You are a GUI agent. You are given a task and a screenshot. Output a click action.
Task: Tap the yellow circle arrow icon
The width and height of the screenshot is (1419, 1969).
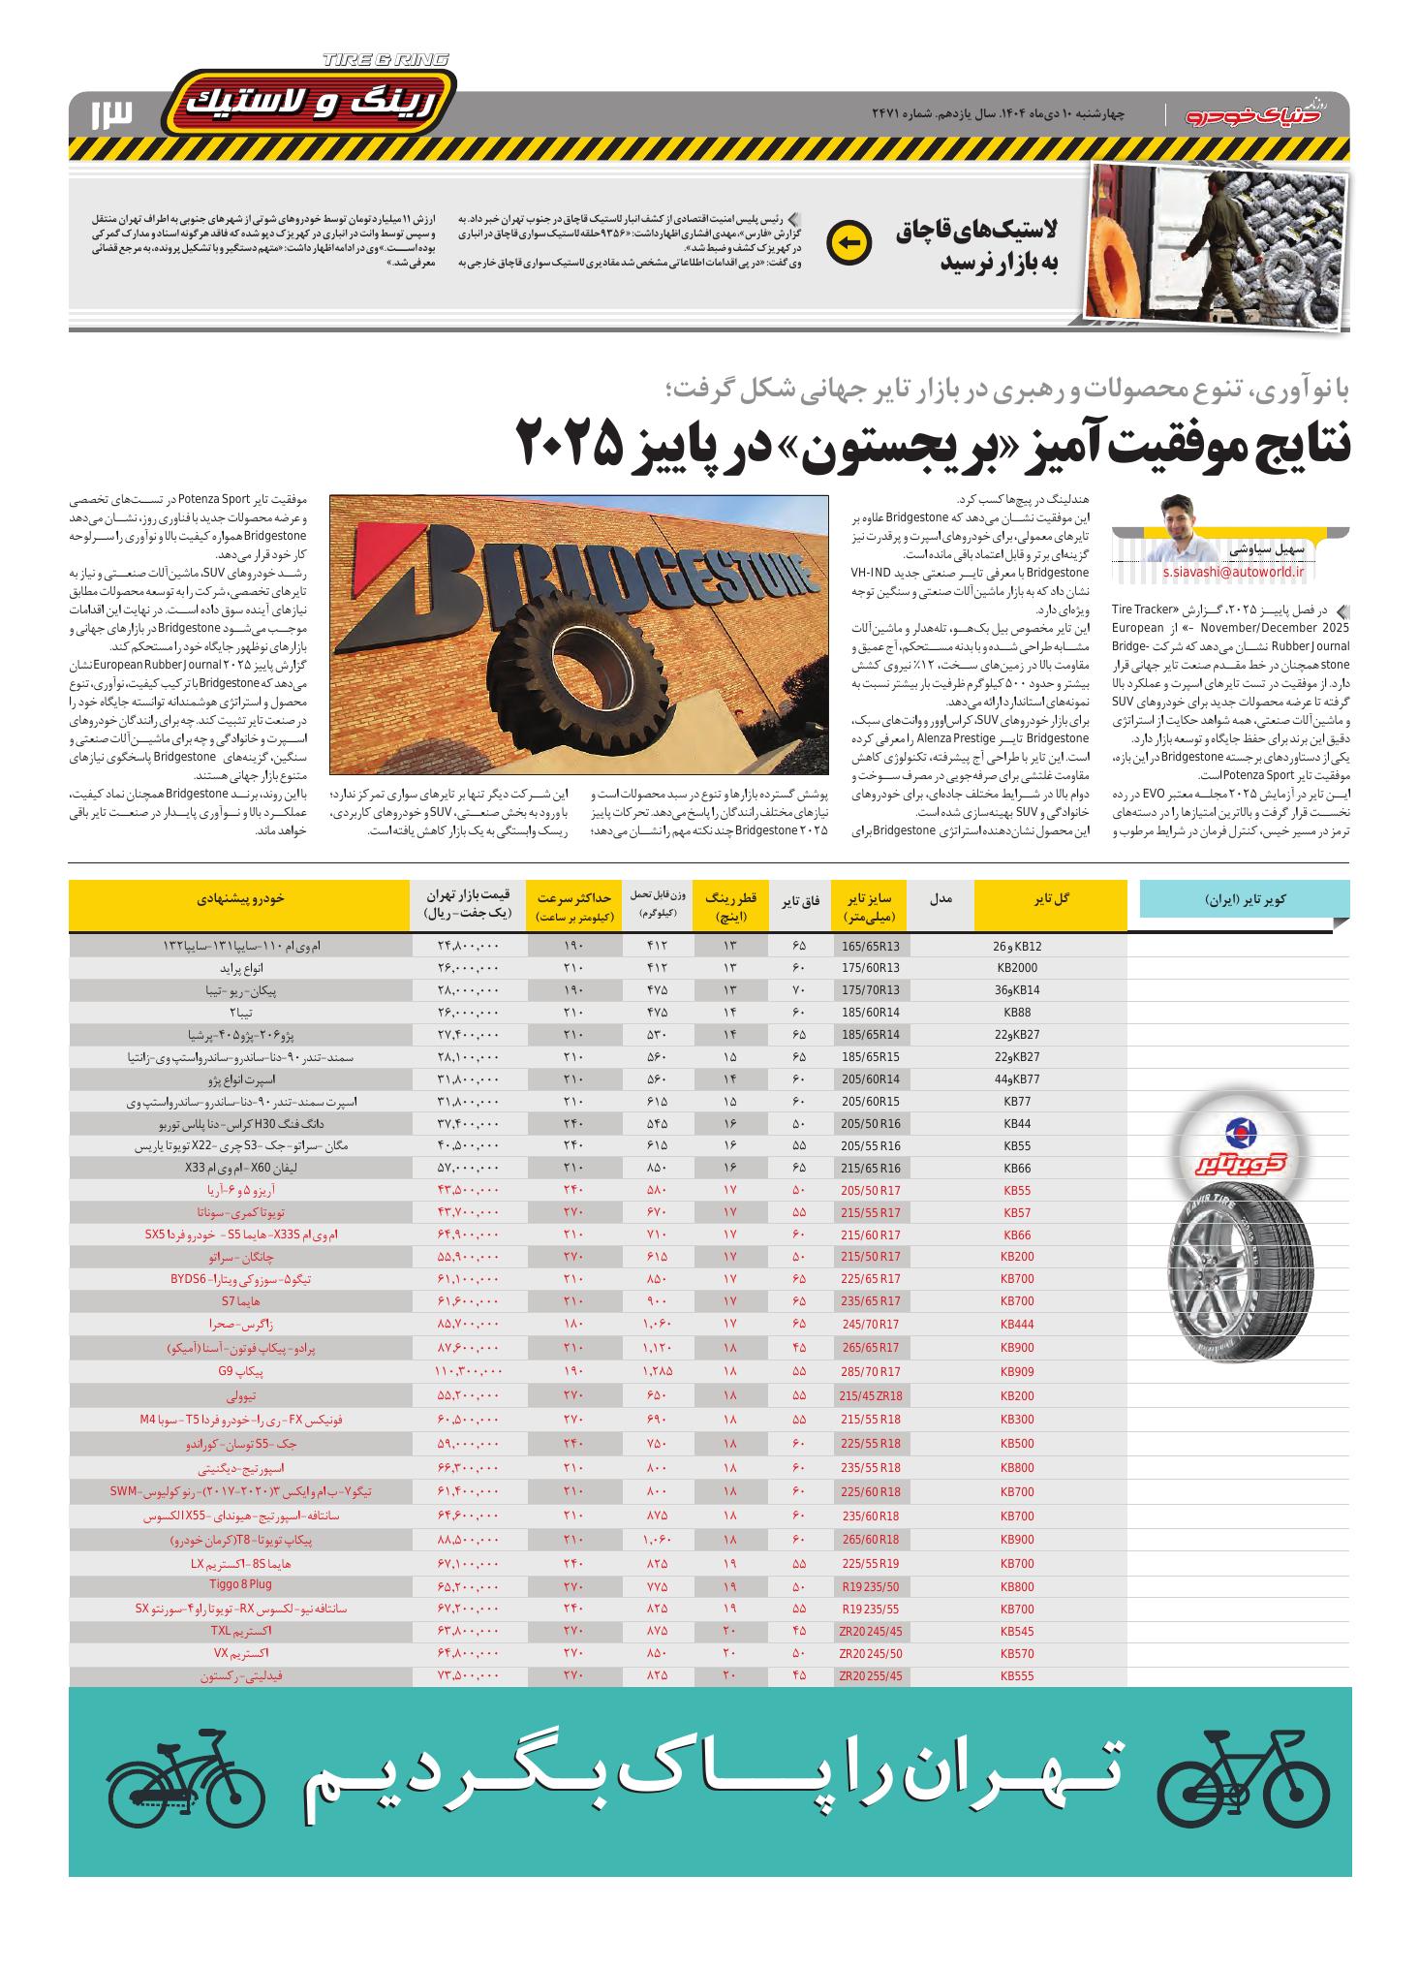pyautogui.click(x=848, y=242)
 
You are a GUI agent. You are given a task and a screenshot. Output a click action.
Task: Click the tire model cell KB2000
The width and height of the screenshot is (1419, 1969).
pyautogui.click(x=1016, y=967)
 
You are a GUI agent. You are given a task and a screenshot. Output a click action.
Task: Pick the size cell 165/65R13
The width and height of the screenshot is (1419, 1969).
pyautogui.click(x=871, y=946)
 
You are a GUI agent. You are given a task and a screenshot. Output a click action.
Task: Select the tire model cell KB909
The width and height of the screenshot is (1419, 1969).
pyautogui.click(x=1016, y=1372)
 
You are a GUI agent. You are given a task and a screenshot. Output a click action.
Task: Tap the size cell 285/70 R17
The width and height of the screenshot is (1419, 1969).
pyautogui.click(x=871, y=1372)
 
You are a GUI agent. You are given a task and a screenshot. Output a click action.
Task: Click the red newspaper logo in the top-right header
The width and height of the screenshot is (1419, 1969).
pyautogui.click(x=1263, y=113)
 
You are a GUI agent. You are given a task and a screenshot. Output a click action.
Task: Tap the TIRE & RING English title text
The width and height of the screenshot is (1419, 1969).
pyautogui.click(x=386, y=60)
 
